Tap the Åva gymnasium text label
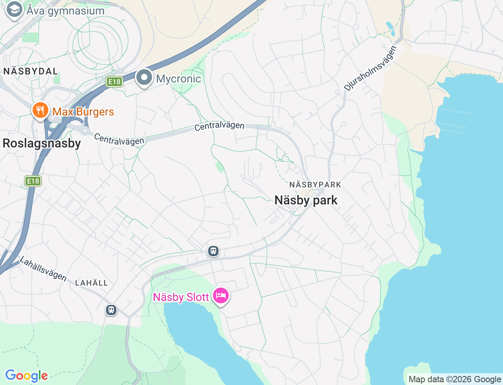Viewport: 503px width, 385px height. pyautogui.click(x=66, y=11)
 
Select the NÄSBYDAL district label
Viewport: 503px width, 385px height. pyautogui.click(x=31, y=71)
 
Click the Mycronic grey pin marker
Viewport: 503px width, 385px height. pyautogui.click(x=144, y=77)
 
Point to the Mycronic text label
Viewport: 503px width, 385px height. pyautogui.click(x=178, y=79)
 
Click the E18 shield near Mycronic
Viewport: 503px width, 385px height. pyautogui.click(x=114, y=81)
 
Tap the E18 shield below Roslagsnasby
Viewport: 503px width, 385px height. pyautogui.click(x=33, y=181)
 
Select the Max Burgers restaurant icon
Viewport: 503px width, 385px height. pyautogui.click(x=40, y=110)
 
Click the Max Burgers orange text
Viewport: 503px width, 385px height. pyautogui.click(x=83, y=112)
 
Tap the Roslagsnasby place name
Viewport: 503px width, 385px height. pyautogui.click(x=42, y=143)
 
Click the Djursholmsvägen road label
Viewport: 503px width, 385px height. pyautogui.click(x=371, y=68)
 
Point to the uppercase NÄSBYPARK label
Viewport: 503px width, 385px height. pyautogui.click(x=315, y=185)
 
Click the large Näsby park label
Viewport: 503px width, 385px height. pyautogui.click(x=306, y=200)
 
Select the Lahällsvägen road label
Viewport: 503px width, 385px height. pyautogui.click(x=43, y=269)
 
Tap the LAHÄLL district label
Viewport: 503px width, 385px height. pyautogui.click(x=91, y=283)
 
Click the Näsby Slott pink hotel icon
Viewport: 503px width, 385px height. pyautogui.click(x=221, y=295)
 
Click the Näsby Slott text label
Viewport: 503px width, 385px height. pyautogui.click(x=181, y=297)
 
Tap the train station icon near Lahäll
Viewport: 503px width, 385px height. pyautogui.click(x=111, y=310)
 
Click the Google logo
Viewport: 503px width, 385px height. pyautogui.click(x=26, y=376)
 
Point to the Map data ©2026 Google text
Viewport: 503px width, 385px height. pyautogui.click(x=455, y=379)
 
